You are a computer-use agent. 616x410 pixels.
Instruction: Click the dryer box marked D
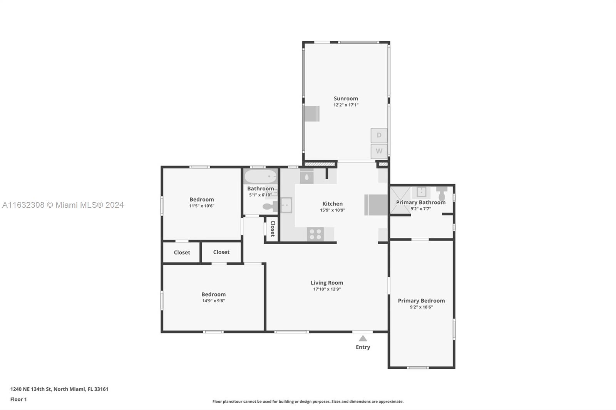(x=379, y=135)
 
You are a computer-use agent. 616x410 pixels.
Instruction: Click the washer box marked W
(x=379, y=151)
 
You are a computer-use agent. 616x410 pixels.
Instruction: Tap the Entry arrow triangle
(x=363, y=338)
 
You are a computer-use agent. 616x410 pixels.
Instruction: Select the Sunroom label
(x=346, y=98)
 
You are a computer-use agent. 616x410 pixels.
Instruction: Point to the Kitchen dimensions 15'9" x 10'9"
(x=333, y=210)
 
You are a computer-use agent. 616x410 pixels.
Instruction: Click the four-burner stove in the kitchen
(x=315, y=234)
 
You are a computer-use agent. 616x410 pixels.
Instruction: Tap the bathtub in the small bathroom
(x=260, y=177)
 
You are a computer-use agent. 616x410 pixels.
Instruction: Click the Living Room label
(x=327, y=283)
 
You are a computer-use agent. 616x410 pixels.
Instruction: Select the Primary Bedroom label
(x=421, y=301)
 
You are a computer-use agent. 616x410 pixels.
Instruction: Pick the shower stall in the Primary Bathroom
(x=400, y=200)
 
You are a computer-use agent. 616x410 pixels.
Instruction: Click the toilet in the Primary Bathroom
(x=442, y=194)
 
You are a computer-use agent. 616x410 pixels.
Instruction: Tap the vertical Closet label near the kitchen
(x=273, y=228)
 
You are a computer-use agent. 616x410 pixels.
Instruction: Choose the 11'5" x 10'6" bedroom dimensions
(x=202, y=206)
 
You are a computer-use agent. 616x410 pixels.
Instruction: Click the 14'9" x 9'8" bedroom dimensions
(x=213, y=301)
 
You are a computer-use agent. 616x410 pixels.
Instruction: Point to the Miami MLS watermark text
(x=63, y=205)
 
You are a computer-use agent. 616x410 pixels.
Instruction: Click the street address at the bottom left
(x=59, y=389)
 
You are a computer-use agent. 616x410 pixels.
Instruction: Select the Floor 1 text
(x=18, y=400)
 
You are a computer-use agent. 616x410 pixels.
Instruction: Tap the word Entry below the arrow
(x=363, y=347)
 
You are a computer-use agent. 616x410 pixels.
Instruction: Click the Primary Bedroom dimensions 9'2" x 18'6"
(x=421, y=307)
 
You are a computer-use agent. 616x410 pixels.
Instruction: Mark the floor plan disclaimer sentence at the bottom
(x=308, y=402)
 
